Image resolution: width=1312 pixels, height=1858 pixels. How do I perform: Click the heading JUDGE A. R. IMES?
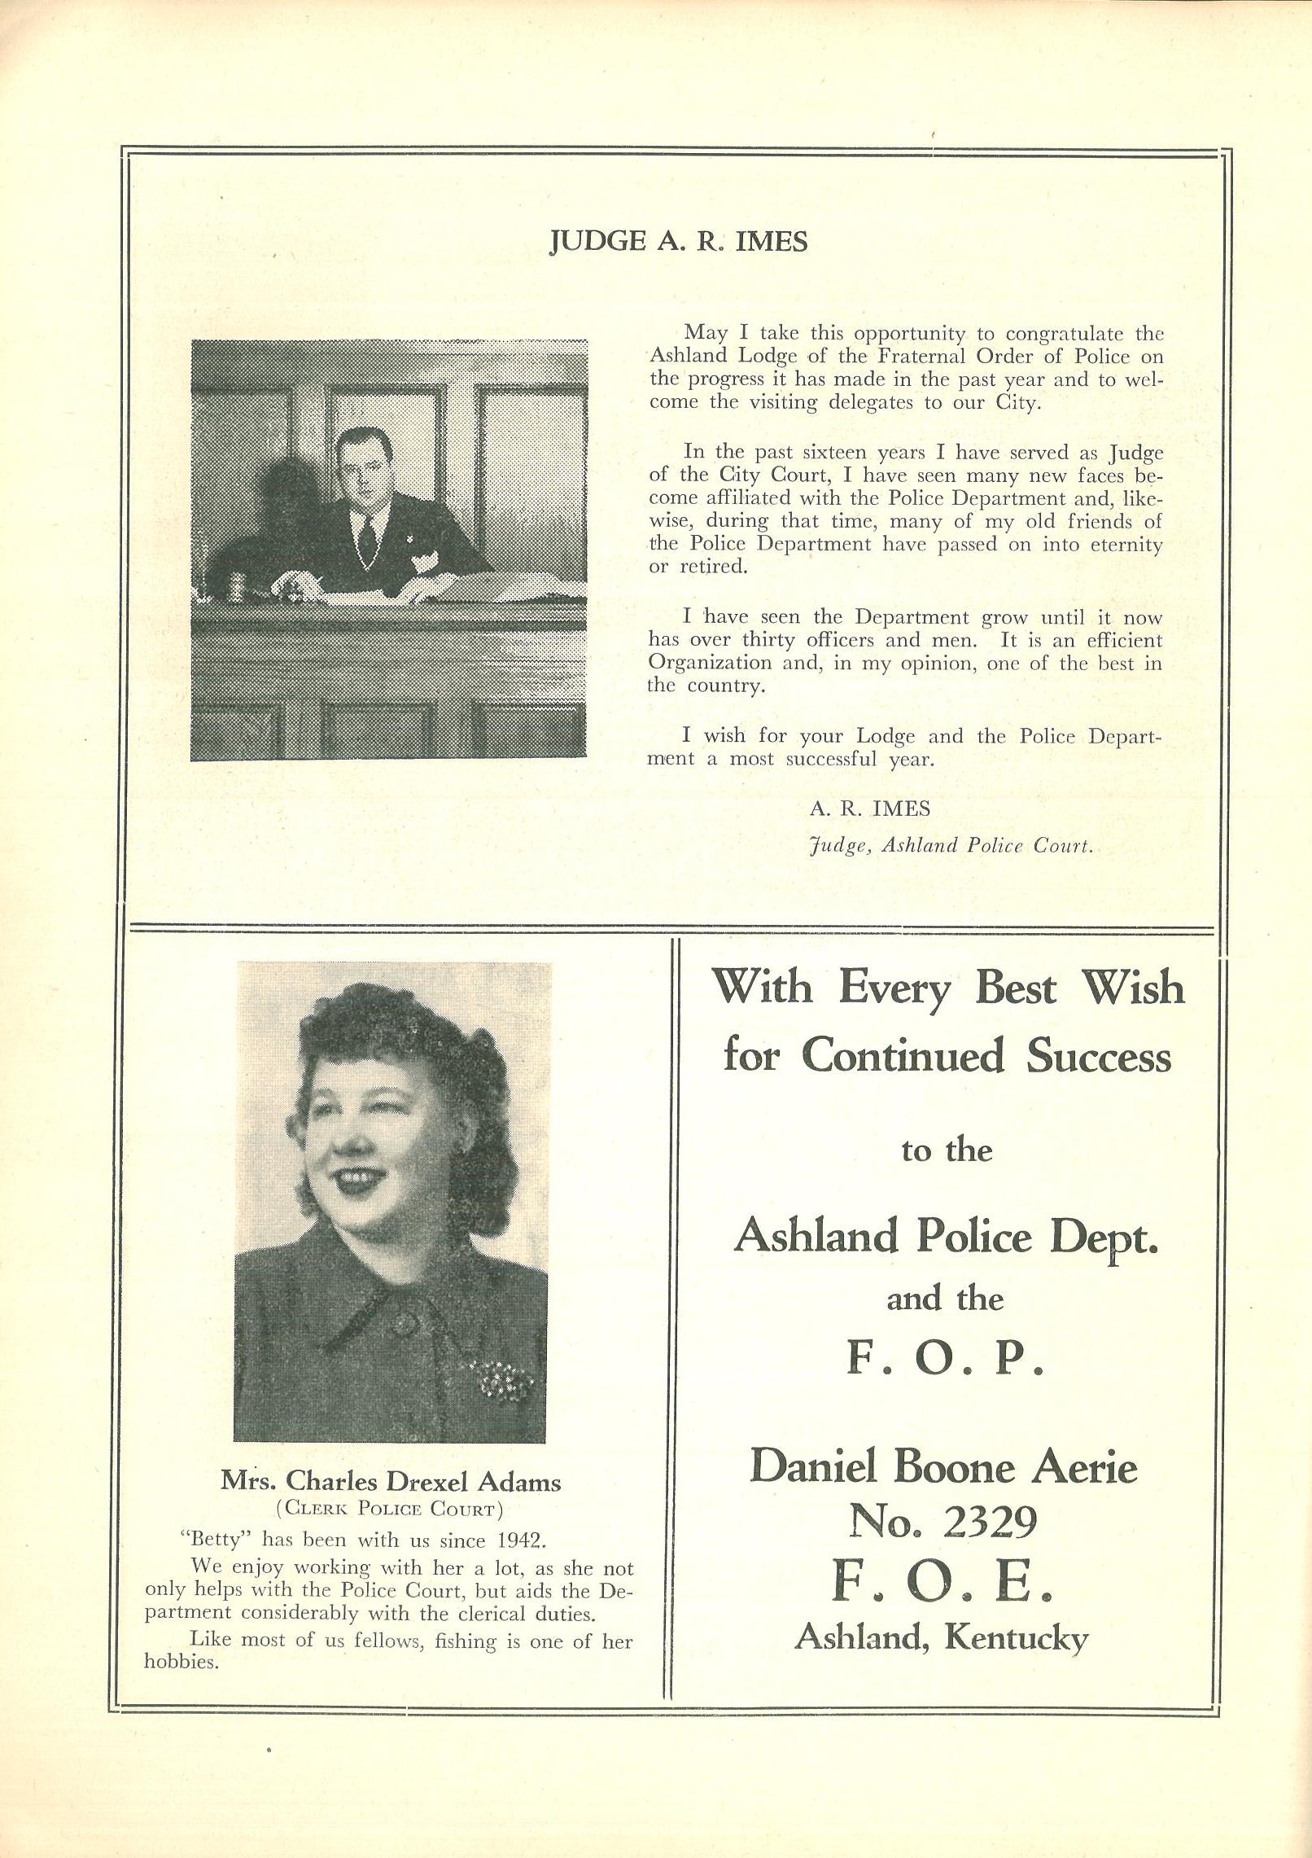point(679,242)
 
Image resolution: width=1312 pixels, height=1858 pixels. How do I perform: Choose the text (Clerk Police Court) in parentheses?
point(390,1509)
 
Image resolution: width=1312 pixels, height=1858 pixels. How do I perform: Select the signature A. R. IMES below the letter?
point(869,808)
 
